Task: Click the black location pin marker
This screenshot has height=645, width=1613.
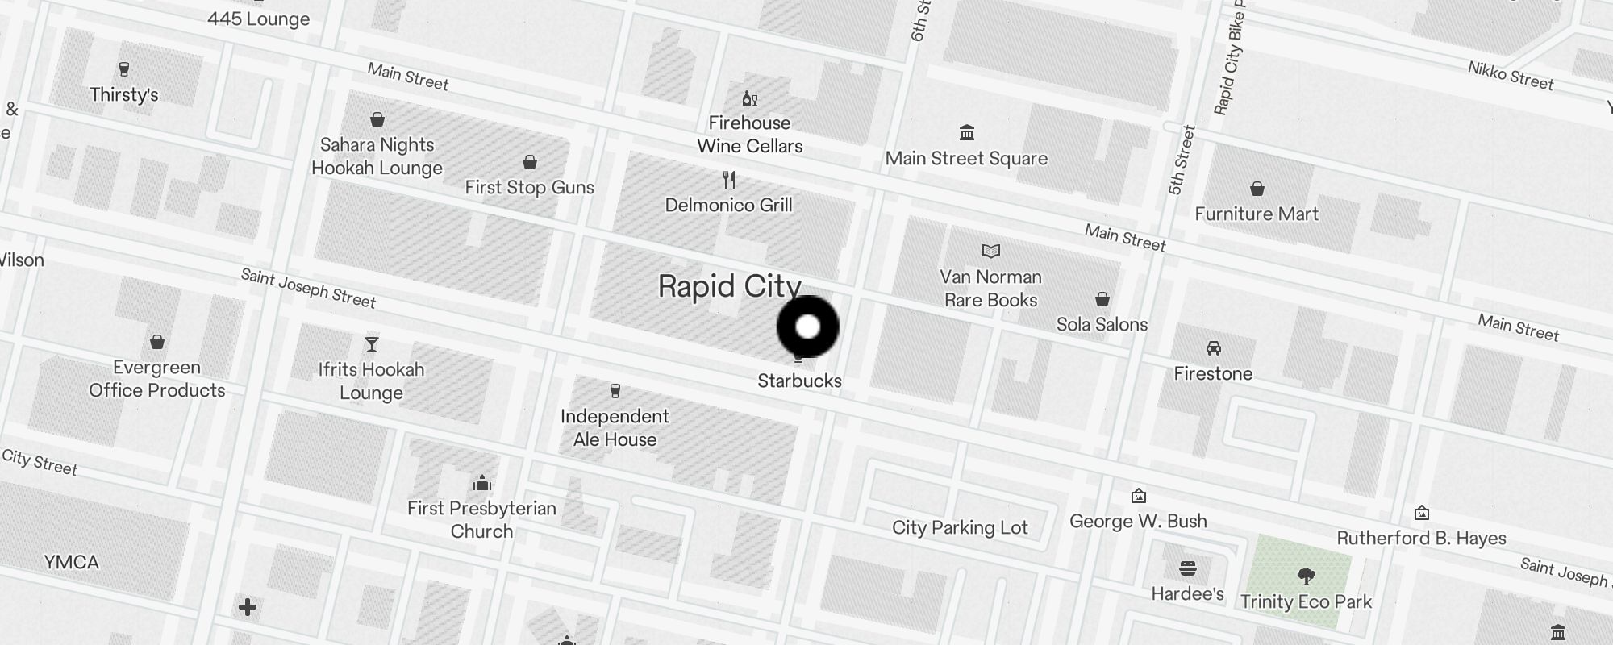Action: pyautogui.click(x=807, y=327)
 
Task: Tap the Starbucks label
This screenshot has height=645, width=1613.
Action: pyautogui.click(x=799, y=381)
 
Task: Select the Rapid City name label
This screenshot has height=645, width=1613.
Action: pyautogui.click(x=729, y=286)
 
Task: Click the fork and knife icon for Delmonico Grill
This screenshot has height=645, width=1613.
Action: pyautogui.click(x=729, y=179)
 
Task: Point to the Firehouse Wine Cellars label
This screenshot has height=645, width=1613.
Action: pyautogui.click(x=749, y=135)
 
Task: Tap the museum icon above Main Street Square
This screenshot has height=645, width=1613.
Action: pyautogui.click(x=966, y=132)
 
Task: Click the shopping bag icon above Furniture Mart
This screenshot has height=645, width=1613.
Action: pyautogui.click(x=1257, y=189)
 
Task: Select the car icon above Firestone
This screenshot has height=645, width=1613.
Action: pyautogui.click(x=1213, y=348)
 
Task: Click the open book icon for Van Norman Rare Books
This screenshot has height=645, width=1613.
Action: pyautogui.click(x=990, y=252)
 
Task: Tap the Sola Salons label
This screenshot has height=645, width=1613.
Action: pyautogui.click(x=1102, y=324)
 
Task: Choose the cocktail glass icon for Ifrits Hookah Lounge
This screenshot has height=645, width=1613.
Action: pyautogui.click(x=371, y=344)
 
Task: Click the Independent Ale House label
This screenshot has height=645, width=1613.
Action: pyautogui.click(x=615, y=428)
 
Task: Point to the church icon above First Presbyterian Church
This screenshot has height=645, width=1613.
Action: pyautogui.click(x=481, y=483)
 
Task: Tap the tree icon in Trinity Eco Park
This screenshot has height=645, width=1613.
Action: pyautogui.click(x=1306, y=576)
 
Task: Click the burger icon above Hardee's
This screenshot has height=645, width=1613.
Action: pyautogui.click(x=1187, y=568)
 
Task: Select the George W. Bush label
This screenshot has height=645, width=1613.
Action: pyautogui.click(x=1138, y=521)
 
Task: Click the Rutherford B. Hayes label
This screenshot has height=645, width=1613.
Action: pyautogui.click(x=1421, y=538)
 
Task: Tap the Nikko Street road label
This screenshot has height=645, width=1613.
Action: pyautogui.click(x=1510, y=76)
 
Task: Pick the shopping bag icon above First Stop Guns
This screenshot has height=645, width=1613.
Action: pyautogui.click(x=529, y=163)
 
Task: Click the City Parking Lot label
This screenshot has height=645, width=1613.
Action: pyautogui.click(x=960, y=527)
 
